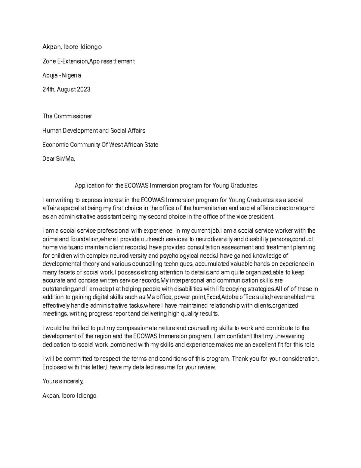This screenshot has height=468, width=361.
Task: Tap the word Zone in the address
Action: [x=49, y=61]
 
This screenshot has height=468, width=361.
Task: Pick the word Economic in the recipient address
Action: [x=55, y=145]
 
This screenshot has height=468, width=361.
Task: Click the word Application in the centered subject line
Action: [x=89, y=186]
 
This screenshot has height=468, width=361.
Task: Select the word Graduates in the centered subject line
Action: [x=244, y=186]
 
